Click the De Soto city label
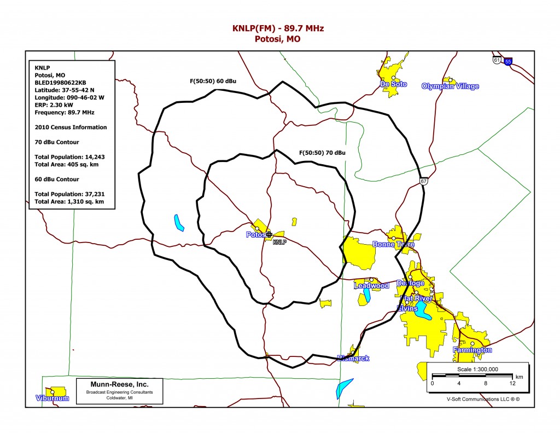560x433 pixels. [394, 84]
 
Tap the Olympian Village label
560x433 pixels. [450, 86]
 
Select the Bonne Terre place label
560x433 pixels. [393, 244]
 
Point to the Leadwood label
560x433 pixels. [371, 286]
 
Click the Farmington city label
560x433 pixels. [472, 350]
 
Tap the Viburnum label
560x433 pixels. [52, 398]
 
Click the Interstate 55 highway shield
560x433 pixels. [509, 61]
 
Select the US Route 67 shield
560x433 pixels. [424, 181]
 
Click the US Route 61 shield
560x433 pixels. [496, 60]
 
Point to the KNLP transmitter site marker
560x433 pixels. [269, 234]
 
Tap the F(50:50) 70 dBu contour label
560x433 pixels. [322, 152]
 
